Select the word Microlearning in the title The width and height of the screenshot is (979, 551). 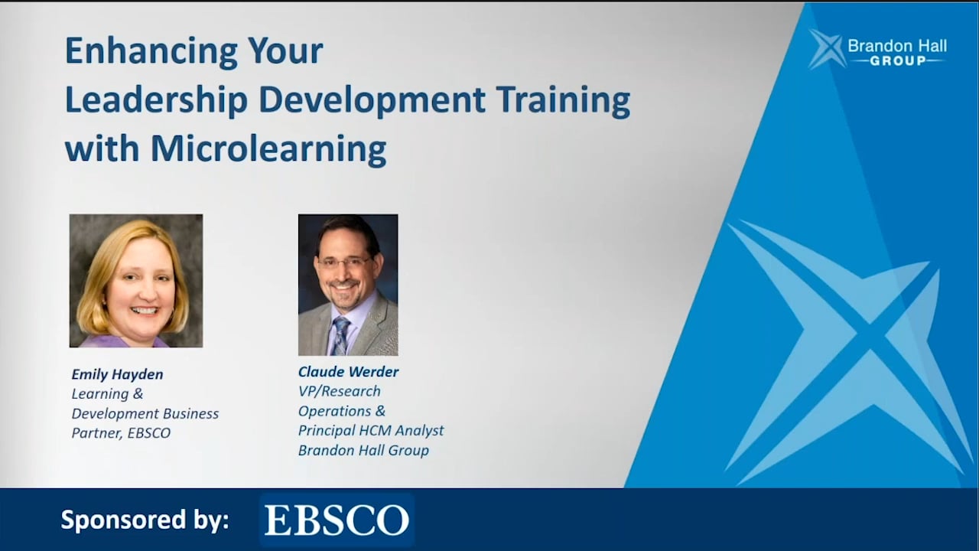[268, 148]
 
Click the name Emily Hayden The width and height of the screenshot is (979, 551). [117, 374]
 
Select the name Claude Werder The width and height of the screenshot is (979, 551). [348, 372]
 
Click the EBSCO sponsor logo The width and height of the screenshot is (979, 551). [337, 520]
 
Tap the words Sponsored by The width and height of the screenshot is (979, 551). [145, 520]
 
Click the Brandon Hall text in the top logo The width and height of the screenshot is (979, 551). [897, 46]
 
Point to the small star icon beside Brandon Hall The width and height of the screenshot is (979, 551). [826, 48]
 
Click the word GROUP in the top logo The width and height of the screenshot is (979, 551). [898, 61]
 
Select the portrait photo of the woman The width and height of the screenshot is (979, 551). [136, 281]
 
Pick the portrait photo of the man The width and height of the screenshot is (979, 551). [348, 285]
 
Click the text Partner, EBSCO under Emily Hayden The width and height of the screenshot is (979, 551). [121, 433]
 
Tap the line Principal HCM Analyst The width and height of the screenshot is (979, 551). [370, 431]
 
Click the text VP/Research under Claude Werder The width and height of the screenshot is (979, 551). [339, 391]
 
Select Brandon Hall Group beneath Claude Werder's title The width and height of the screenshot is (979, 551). [363, 450]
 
